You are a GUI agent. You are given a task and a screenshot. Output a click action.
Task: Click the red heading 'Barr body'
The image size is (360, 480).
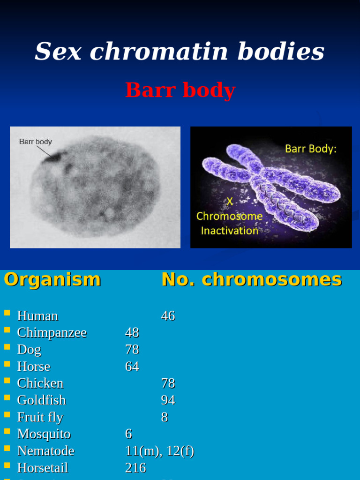(x=180, y=90)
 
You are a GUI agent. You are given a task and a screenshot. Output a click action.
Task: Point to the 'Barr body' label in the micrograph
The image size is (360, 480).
(x=36, y=141)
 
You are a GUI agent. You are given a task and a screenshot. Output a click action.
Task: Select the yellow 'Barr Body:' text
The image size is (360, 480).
(x=311, y=149)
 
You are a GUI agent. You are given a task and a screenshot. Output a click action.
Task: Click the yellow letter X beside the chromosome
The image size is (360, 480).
(x=230, y=201)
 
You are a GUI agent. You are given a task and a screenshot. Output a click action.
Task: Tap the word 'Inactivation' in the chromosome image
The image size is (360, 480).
(x=230, y=231)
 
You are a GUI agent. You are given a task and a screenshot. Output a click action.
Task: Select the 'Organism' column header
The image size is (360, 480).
(x=52, y=279)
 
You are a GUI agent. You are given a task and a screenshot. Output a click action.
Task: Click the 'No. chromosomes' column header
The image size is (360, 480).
(x=252, y=279)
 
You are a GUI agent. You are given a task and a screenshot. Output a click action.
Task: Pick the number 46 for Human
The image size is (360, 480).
(x=168, y=316)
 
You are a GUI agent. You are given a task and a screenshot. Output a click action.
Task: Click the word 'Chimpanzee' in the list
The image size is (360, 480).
(x=52, y=333)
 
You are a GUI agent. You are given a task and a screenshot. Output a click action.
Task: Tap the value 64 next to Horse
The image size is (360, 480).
(x=132, y=367)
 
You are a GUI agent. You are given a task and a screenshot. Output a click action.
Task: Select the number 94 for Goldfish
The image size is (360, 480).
(x=168, y=400)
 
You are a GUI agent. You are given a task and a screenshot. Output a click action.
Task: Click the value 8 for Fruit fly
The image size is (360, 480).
(x=165, y=417)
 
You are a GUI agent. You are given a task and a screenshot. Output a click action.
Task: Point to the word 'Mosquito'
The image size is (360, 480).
(x=44, y=434)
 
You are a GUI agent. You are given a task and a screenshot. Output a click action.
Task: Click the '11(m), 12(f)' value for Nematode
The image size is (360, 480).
(x=159, y=451)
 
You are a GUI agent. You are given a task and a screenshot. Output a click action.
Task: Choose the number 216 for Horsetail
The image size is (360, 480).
(x=135, y=468)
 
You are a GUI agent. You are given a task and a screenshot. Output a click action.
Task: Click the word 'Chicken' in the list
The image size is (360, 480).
(x=40, y=383)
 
